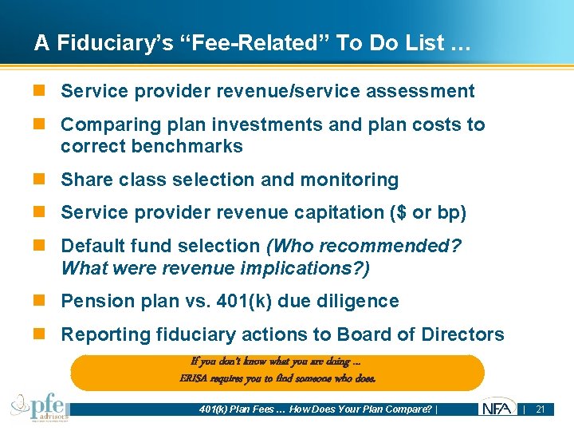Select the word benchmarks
click(x=192, y=146)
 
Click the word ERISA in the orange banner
click(x=195, y=378)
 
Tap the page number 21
click(x=540, y=409)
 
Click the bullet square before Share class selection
click(x=46, y=180)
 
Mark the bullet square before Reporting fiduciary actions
click(x=46, y=334)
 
